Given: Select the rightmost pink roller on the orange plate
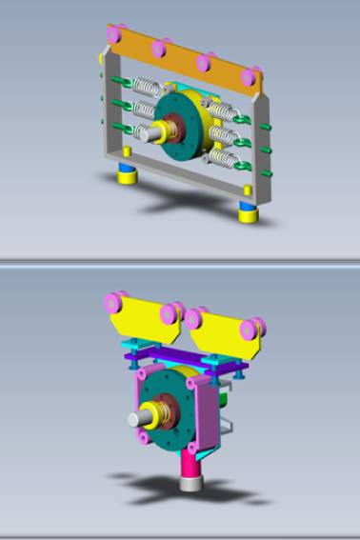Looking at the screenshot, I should pyautogui.click(x=250, y=76).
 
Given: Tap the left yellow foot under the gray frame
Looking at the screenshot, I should pyautogui.click(x=123, y=177).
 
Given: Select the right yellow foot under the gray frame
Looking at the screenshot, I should pyautogui.click(x=247, y=212).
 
